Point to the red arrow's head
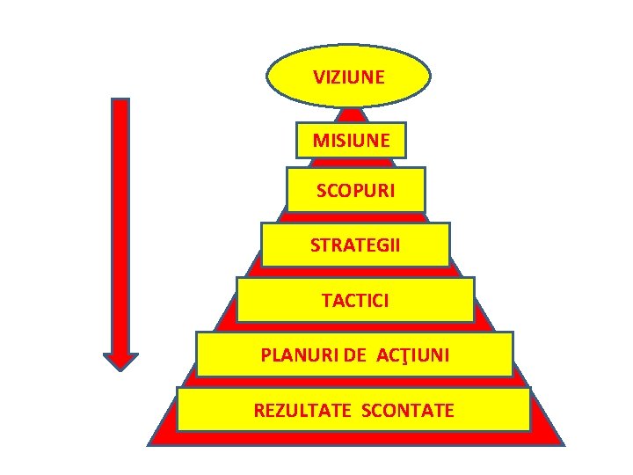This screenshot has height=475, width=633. (x=120, y=360)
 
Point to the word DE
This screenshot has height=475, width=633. (x=355, y=355)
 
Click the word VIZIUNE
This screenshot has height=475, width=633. (x=349, y=77)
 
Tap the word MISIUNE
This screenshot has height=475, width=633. (x=351, y=140)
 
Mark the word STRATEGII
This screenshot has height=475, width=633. (x=355, y=245)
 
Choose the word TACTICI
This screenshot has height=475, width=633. (x=355, y=301)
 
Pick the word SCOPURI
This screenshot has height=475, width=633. (x=356, y=190)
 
